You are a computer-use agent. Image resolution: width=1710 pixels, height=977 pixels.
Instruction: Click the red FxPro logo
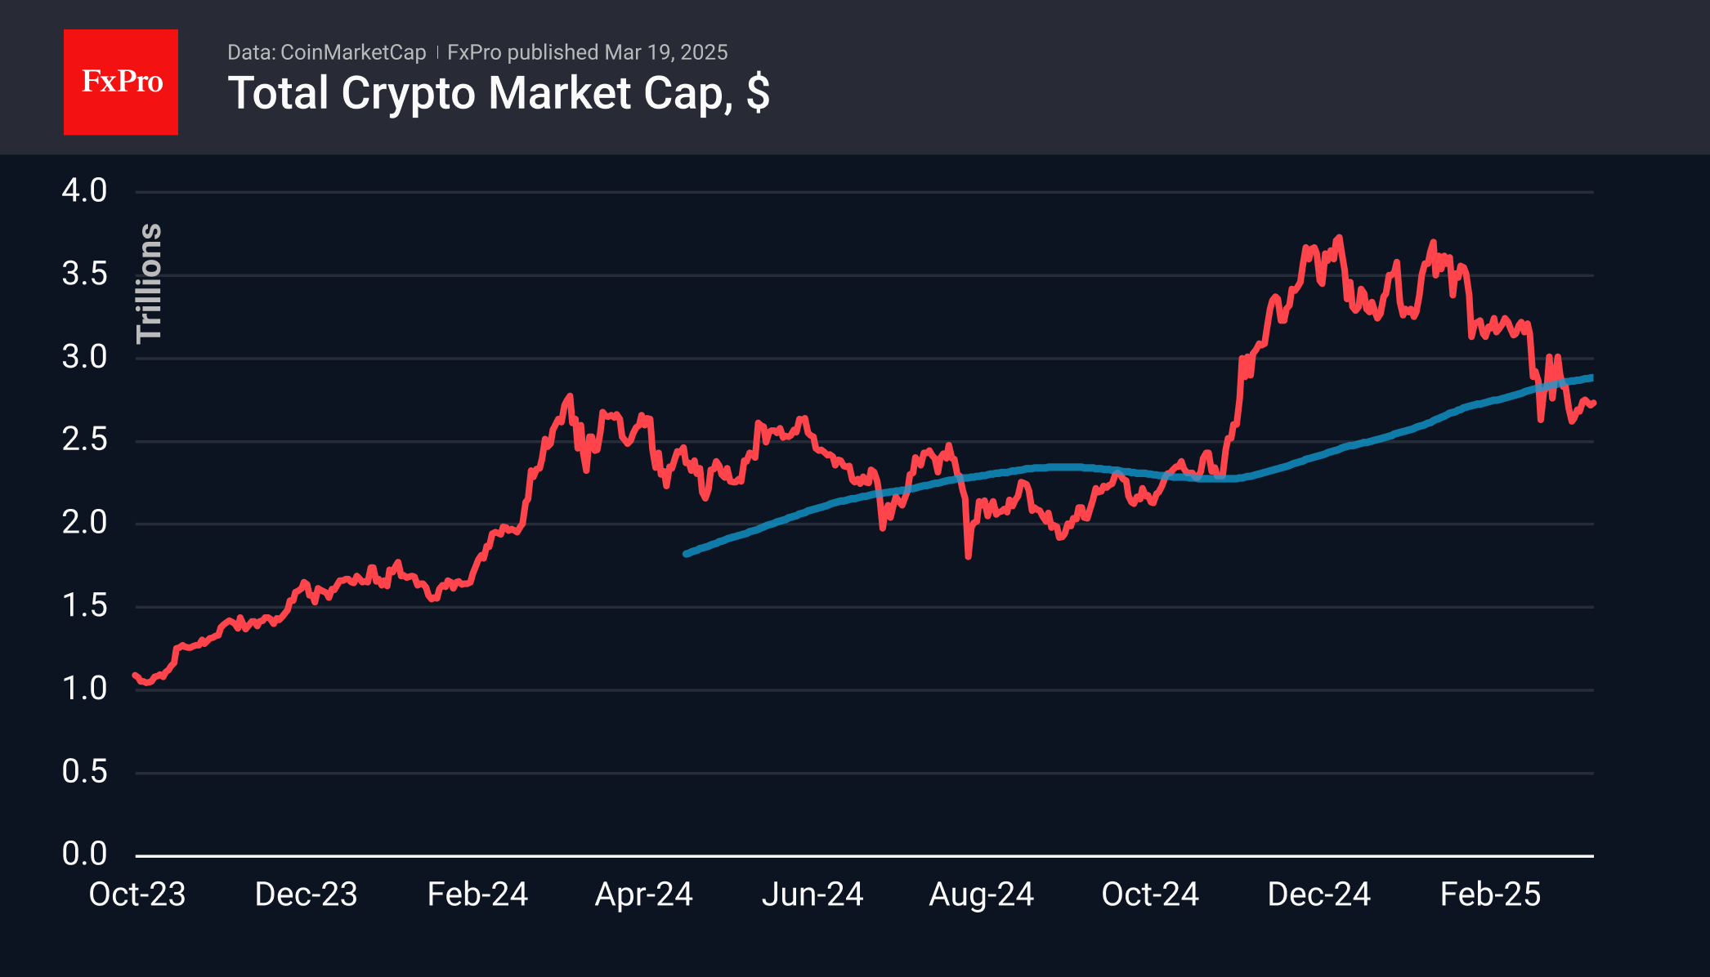click(121, 82)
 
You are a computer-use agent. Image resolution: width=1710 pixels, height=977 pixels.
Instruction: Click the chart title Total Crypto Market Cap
click(498, 93)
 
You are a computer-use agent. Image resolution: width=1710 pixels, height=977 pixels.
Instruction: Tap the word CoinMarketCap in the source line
click(352, 52)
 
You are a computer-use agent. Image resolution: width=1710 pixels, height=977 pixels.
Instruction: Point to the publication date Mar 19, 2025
click(665, 52)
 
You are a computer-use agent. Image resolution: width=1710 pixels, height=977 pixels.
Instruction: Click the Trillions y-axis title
click(150, 283)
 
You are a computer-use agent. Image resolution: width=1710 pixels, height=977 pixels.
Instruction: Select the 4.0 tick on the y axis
click(85, 191)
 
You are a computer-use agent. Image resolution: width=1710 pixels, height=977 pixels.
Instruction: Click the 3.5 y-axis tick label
click(85, 274)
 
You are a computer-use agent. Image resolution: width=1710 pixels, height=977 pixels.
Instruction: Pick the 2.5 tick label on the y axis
click(85, 440)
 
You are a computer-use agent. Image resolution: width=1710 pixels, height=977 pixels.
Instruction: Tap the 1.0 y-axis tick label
click(85, 689)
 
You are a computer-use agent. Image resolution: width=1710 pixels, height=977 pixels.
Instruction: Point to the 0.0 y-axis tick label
click(85, 854)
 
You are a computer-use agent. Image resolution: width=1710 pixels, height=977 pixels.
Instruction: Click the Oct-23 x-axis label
click(137, 894)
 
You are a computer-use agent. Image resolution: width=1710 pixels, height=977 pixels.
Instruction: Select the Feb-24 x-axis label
click(477, 894)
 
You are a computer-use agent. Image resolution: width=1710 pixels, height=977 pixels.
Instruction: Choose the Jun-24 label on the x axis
click(812, 894)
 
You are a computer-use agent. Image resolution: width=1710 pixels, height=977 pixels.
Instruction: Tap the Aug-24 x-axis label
click(981, 894)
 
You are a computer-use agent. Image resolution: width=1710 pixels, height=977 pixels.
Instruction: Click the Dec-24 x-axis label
click(1318, 894)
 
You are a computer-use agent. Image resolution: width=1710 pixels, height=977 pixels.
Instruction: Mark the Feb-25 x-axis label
click(1490, 894)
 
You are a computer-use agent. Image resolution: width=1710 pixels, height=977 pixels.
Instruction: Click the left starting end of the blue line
click(687, 554)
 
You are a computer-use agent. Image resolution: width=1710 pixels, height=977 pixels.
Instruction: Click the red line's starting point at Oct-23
click(135, 676)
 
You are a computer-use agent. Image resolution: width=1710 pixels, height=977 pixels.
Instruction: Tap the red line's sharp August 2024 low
click(969, 556)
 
